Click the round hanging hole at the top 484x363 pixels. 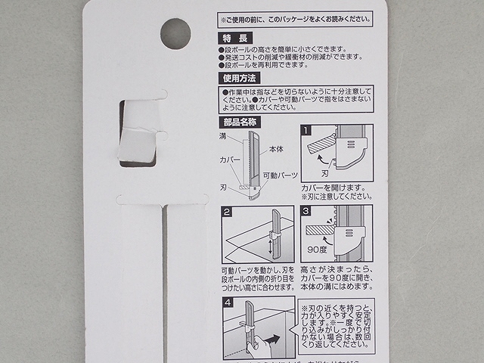click(175, 34)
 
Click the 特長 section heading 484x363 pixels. click(234, 39)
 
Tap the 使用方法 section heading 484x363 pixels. click(240, 78)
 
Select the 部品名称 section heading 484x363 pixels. click(240, 121)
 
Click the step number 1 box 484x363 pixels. click(306, 130)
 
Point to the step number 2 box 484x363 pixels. click(228, 213)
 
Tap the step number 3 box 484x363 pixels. click(306, 213)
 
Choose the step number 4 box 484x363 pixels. click(228, 304)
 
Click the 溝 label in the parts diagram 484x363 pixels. click(223, 135)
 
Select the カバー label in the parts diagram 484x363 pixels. click(230, 161)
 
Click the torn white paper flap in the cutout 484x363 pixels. click(138, 144)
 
